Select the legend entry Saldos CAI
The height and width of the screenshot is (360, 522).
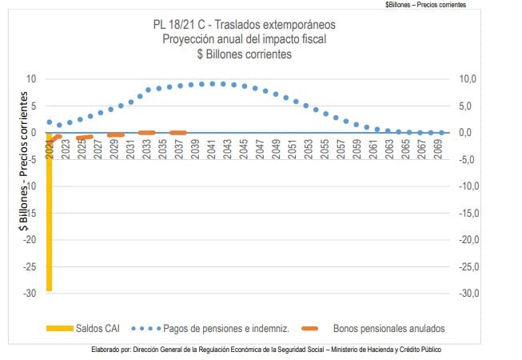click(x=98, y=328)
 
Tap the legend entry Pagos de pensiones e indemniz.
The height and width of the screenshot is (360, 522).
click(x=225, y=328)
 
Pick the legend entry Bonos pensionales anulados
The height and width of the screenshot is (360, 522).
click(x=389, y=328)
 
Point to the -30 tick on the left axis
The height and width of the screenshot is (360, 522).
click(x=30, y=294)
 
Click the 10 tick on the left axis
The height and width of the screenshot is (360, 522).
click(x=31, y=78)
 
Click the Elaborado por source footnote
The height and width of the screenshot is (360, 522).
click(x=266, y=350)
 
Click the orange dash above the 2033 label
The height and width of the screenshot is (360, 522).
click(x=147, y=132)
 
